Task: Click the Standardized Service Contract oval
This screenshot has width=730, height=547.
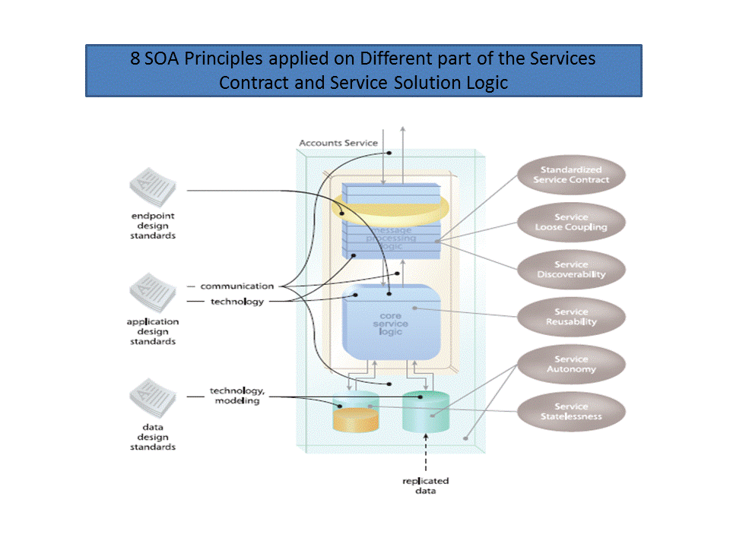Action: (x=571, y=175)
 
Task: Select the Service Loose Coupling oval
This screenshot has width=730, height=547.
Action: (x=571, y=222)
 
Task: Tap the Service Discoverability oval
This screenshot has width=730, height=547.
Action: (x=571, y=270)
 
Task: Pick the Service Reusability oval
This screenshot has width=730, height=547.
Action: (x=571, y=317)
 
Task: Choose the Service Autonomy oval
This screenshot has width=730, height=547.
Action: (x=571, y=364)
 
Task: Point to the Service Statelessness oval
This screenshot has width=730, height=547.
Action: (x=571, y=411)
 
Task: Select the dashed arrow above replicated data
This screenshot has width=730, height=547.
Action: (x=426, y=454)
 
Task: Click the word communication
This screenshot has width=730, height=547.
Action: (x=236, y=286)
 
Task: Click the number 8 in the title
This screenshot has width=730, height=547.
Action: (x=135, y=58)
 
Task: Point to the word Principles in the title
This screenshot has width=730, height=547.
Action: (x=221, y=58)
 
